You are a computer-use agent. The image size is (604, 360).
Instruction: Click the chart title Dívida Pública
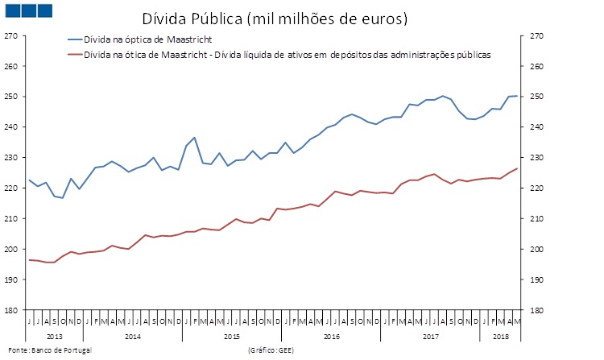[x=275, y=17]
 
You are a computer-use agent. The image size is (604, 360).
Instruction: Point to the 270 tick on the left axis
[x=10, y=36]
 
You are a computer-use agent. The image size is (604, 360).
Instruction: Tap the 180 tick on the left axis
[x=10, y=310]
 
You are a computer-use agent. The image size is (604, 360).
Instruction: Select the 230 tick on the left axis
[x=10, y=158]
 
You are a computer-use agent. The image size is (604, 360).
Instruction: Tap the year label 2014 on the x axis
[x=133, y=335]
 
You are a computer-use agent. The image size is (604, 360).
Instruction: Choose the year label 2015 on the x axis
[x=232, y=335]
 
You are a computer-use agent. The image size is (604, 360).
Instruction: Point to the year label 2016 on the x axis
[x=331, y=335]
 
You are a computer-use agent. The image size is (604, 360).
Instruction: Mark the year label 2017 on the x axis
[x=430, y=335]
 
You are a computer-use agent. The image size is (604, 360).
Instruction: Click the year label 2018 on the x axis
[x=500, y=335]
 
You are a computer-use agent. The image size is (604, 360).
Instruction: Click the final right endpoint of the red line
[x=516, y=168]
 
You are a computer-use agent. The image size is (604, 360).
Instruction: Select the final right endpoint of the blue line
[x=516, y=96]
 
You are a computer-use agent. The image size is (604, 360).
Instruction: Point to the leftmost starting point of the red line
[x=30, y=259]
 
